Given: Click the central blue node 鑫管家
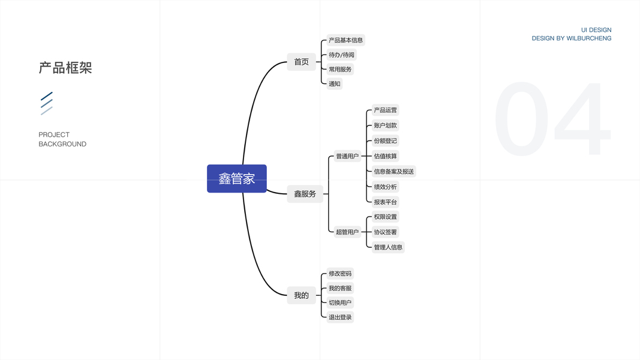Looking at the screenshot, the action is [236, 179].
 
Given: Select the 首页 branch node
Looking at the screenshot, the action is [301, 62].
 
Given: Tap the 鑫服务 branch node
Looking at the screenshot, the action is [305, 194].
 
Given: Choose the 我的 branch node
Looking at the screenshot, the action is [301, 295].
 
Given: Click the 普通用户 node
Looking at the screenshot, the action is [347, 156].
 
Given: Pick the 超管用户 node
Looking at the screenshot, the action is [347, 232].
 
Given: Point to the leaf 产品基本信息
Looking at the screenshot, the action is [345, 40].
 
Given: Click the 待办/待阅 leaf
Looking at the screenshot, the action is [341, 55].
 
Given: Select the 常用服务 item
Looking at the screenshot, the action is [340, 69].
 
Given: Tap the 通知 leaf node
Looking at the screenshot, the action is [335, 83].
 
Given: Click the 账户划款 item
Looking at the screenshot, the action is [385, 125].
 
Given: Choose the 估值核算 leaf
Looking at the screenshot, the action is [385, 156].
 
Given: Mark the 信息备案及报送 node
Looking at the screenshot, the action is [393, 172].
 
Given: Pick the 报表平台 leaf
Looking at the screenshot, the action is [385, 202].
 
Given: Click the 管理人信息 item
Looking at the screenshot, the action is [388, 247].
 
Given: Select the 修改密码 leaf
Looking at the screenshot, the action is [340, 274].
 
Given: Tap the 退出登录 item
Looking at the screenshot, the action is [340, 317].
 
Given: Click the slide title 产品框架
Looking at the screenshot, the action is [65, 68].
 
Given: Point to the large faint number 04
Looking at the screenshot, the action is [552, 120].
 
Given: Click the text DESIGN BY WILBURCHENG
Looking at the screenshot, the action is [572, 38].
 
